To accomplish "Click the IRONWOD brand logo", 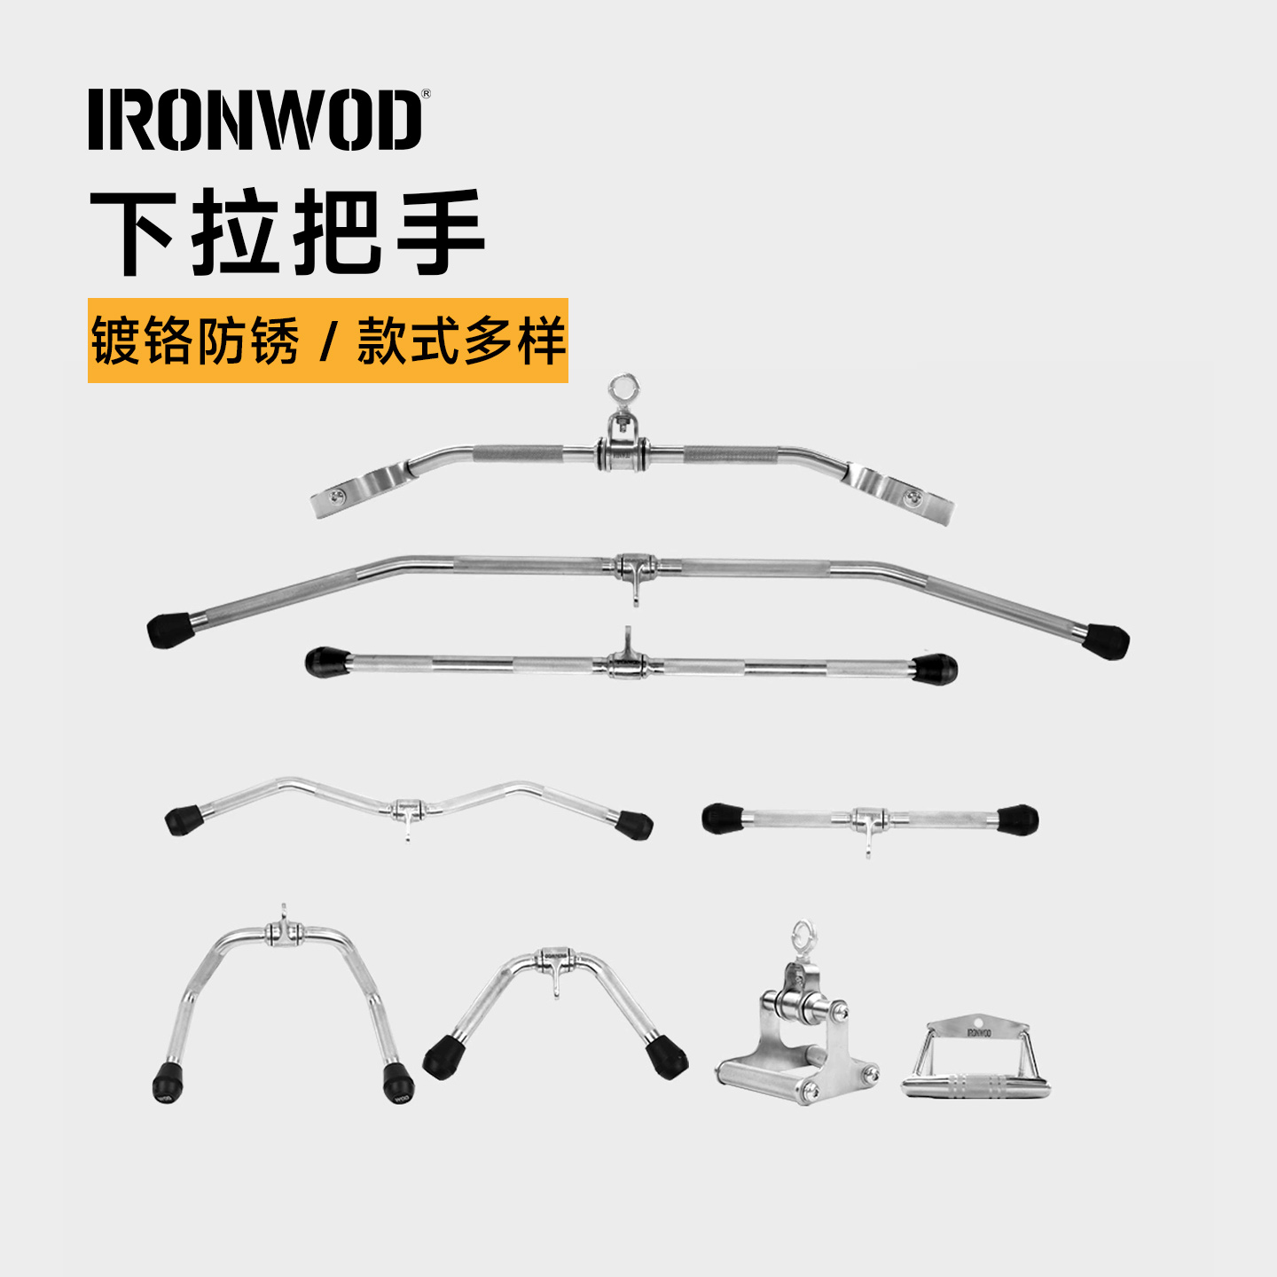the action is click(255, 120).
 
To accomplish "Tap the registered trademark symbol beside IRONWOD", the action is click(426, 94).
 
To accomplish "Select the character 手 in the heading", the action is click(440, 232).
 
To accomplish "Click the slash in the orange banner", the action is click(328, 341).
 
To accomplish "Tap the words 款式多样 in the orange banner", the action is click(460, 341).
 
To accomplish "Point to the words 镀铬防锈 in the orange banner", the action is click(195, 341).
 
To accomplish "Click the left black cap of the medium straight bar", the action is click(327, 662).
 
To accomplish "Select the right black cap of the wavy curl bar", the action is click(635, 824).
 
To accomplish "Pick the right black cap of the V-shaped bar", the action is click(666, 1056).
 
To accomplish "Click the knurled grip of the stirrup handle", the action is click(975, 1085).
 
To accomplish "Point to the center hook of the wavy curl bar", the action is click(407, 830).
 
